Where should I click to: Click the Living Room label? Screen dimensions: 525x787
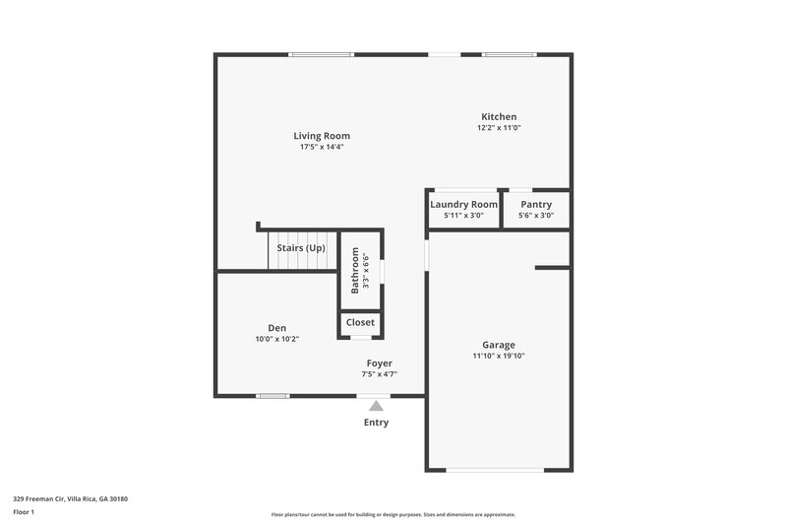(x=322, y=136)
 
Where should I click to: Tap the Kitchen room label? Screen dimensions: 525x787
(x=499, y=116)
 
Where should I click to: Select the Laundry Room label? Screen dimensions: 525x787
(x=463, y=204)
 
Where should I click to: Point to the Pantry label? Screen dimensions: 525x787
(x=536, y=204)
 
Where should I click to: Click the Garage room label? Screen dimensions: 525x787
(x=499, y=345)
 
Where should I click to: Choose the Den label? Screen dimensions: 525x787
(x=276, y=328)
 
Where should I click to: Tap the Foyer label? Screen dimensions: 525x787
(x=379, y=363)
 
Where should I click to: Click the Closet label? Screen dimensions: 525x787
(x=360, y=322)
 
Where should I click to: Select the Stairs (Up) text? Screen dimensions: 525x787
(x=300, y=248)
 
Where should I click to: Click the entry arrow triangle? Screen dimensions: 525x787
(x=376, y=405)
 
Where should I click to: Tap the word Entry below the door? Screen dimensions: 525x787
(x=376, y=423)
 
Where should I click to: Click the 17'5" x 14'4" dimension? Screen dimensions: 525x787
(x=322, y=147)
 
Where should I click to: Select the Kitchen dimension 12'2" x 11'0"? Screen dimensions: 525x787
(x=499, y=127)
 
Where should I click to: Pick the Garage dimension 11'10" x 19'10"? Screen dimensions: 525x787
(x=499, y=356)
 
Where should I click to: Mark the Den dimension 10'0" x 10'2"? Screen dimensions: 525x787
(x=276, y=339)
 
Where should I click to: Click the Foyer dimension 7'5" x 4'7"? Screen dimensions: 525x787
(x=379, y=374)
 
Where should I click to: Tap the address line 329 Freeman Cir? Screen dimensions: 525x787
(x=70, y=499)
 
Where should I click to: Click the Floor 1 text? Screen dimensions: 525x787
(x=25, y=513)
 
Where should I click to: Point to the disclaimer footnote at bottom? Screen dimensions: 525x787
(x=393, y=514)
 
